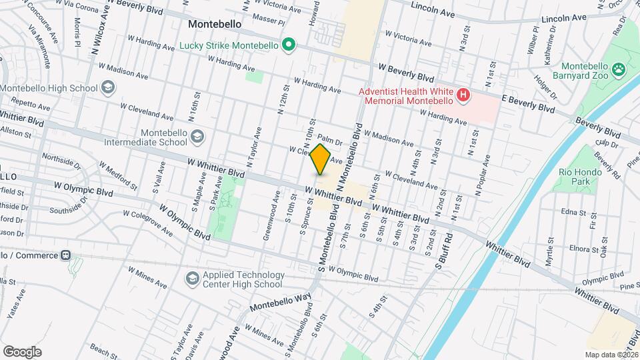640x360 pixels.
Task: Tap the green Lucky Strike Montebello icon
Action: [289, 46]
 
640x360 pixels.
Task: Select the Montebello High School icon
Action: [107, 88]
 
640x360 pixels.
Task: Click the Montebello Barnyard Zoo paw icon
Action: [620, 67]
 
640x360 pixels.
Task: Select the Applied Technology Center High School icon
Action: [193, 278]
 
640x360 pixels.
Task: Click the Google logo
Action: [22, 351]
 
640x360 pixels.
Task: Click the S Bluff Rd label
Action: [444, 251]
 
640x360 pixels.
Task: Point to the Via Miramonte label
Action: [39, 47]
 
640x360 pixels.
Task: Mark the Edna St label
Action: [573, 211]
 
